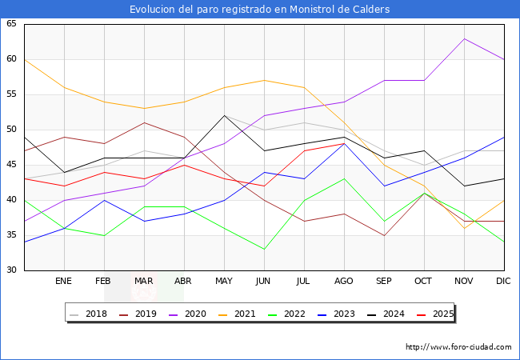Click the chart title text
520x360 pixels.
click(260, 10)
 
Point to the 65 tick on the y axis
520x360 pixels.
click(11, 24)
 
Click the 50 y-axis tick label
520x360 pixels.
click(11, 130)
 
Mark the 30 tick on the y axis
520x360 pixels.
click(11, 270)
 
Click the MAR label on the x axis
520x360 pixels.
click(144, 282)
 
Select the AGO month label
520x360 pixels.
click(344, 282)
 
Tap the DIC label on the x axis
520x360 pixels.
click(503, 282)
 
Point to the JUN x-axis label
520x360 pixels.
click(264, 282)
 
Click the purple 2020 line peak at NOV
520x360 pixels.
click(464, 38)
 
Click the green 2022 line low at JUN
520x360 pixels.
click(264, 249)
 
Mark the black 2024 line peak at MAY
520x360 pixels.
click(224, 115)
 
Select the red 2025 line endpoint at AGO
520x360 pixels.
click(344, 144)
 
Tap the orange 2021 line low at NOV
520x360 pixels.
click(464, 228)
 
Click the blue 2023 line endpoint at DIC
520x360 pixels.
click(503, 137)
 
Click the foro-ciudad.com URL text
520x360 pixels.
click(458, 347)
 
